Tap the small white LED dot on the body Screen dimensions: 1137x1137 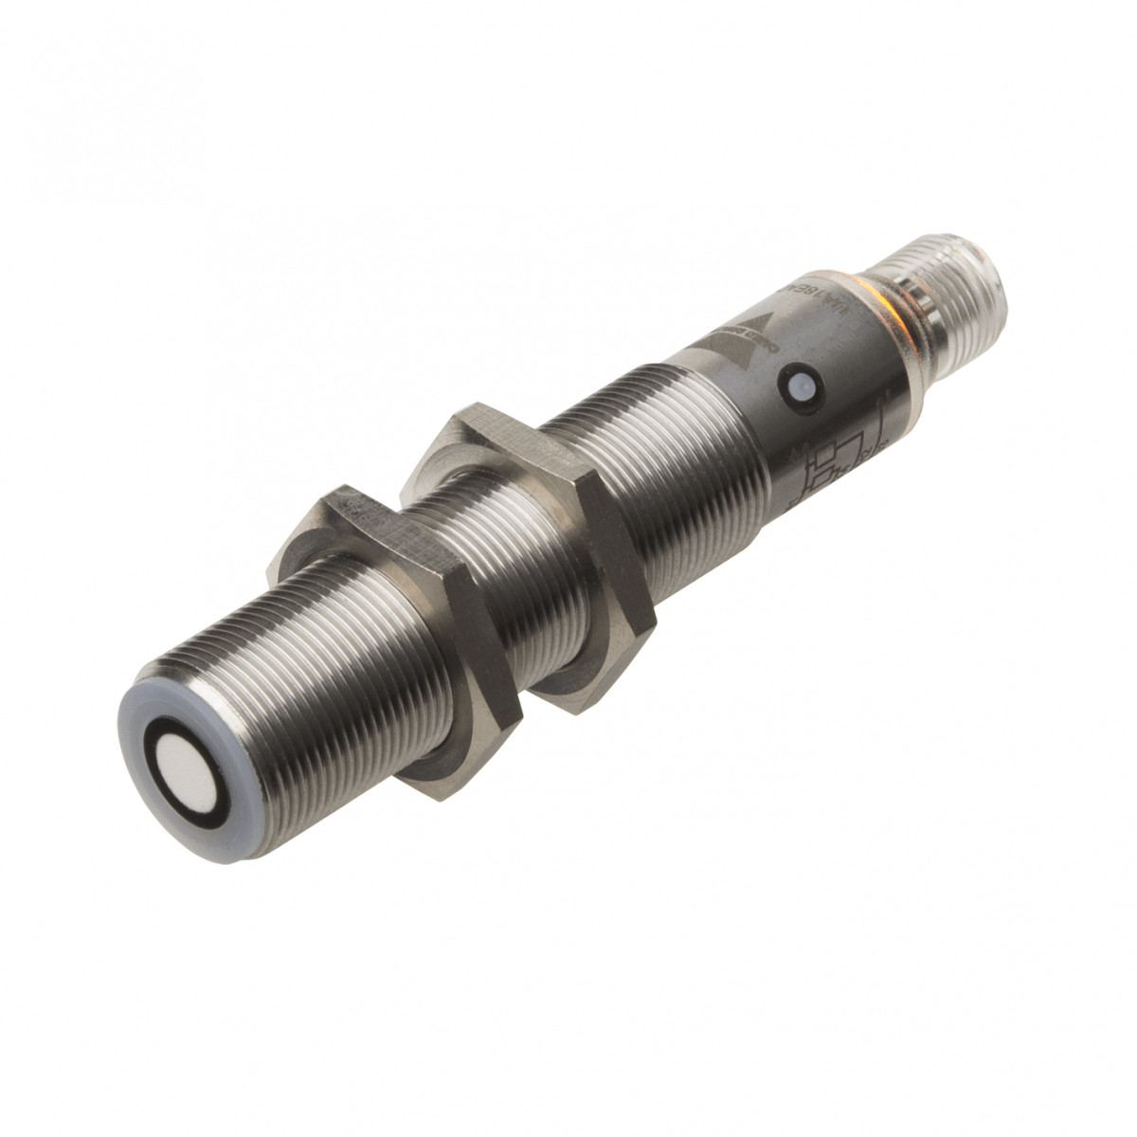[x=797, y=385]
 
